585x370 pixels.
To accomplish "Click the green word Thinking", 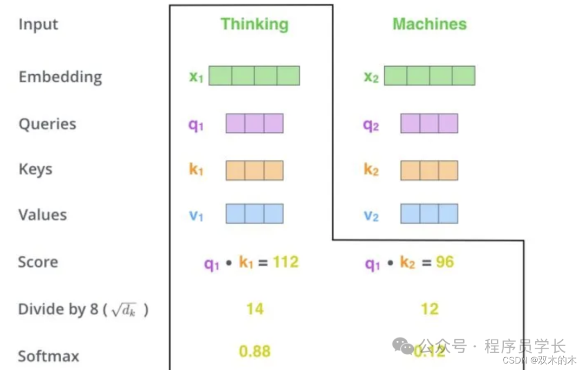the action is [x=254, y=24].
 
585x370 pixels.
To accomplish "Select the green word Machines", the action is [x=429, y=24].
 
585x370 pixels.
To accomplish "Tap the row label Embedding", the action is [x=60, y=76].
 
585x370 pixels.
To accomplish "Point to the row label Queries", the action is [x=47, y=124].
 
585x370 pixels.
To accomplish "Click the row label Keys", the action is [x=35, y=170].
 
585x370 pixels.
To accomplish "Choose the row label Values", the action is [x=42, y=215].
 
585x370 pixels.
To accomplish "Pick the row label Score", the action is [x=38, y=262].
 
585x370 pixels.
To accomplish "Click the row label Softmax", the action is [x=48, y=356].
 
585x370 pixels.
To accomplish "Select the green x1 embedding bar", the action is [x=254, y=76].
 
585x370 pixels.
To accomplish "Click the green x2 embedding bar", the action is [x=430, y=76].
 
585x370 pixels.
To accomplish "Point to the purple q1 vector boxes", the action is [x=254, y=124].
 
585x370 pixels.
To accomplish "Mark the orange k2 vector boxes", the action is [x=429, y=170].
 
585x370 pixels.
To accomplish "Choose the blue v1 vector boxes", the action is [x=254, y=214].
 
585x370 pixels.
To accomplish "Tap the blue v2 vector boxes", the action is [x=429, y=214].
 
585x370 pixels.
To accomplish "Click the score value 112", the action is [x=285, y=262].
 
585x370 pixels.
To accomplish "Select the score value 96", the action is [x=444, y=262].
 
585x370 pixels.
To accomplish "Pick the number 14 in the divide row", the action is [x=255, y=309].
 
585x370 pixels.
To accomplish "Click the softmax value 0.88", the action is [x=255, y=351].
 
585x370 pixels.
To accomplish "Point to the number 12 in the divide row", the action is [x=430, y=309].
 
